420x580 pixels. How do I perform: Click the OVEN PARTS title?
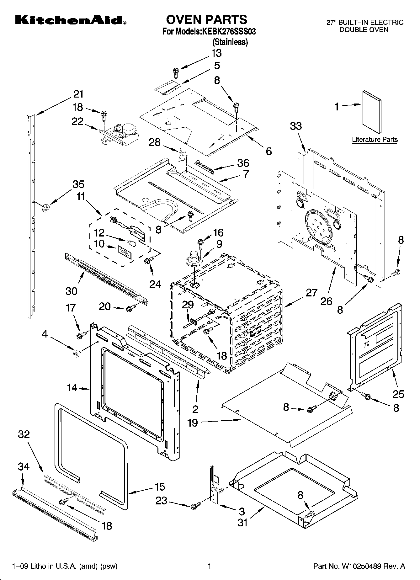[x=206, y=19]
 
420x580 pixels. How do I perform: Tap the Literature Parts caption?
[x=375, y=140]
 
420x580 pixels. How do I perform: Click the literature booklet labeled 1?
[x=372, y=112]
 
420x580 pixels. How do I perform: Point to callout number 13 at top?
[x=216, y=53]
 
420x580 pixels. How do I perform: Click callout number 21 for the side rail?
[x=78, y=94]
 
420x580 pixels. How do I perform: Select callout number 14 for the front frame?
[x=72, y=388]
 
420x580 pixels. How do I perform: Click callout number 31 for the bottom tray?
[x=242, y=523]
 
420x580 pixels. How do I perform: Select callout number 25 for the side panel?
[x=398, y=394]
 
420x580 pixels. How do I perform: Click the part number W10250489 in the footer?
[x=359, y=567]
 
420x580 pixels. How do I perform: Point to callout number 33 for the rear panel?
[x=296, y=126]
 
